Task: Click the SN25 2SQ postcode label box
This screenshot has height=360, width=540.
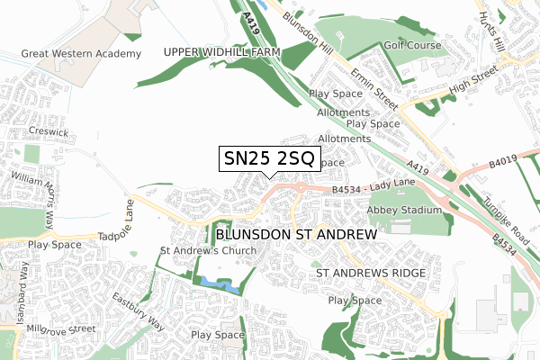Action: [x=267, y=159]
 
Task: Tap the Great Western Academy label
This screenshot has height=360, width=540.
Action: [x=82, y=54]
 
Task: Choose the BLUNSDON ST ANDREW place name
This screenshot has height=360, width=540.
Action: [x=294, y=233]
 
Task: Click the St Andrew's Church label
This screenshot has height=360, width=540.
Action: [x=208, y=250]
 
